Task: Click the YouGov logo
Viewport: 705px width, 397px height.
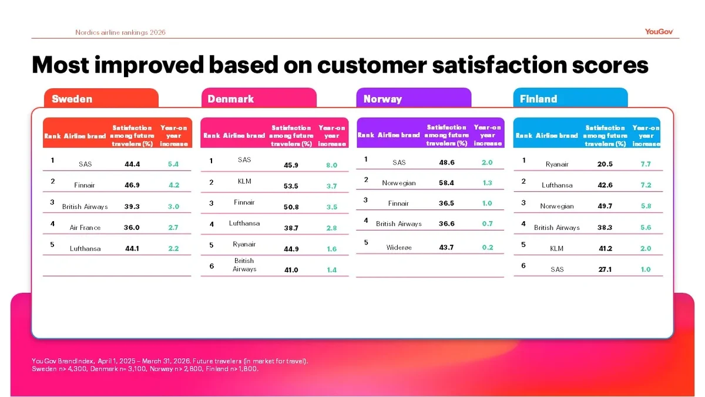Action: [659, 32]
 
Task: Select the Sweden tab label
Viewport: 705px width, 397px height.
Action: [72, 99]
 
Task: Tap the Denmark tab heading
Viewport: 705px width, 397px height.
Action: [231, 99]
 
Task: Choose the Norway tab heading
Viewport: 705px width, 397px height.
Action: [382, 99]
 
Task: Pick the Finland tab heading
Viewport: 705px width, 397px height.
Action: [539, 99]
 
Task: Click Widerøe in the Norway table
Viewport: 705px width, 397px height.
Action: [399, 248]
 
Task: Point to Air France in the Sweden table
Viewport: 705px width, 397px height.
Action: [85, 228]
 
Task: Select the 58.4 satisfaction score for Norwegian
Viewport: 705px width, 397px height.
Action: [446, 183]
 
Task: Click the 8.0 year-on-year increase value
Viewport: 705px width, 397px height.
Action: [332, 165]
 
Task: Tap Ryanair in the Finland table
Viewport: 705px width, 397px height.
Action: [557, 164]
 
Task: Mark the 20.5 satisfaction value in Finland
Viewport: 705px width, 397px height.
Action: [605, 164]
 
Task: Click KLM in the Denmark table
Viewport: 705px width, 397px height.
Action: [244, 181]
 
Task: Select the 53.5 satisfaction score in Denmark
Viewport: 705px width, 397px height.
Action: [291, 186]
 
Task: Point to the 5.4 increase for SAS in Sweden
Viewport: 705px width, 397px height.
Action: [173, 164]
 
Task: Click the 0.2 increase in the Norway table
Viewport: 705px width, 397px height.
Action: [488, 248]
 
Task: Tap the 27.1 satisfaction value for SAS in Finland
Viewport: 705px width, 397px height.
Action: [605, 269]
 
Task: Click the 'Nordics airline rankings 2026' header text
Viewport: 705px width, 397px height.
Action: [120, 32]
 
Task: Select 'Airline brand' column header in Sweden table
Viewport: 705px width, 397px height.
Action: [85, 136]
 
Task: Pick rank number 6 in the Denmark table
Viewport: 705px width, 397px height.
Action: [211, 266]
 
